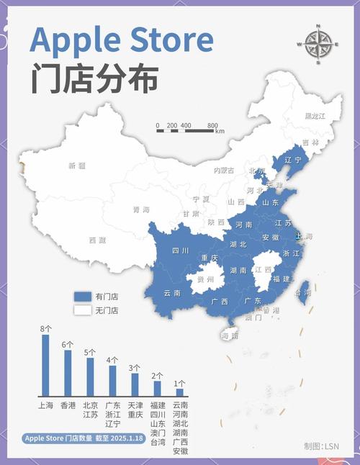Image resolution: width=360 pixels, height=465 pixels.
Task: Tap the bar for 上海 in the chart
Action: [x=45, y=365]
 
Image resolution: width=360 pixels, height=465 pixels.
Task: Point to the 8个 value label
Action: [x=45, y=329]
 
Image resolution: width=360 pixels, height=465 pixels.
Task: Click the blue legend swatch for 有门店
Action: [x=83, y=296]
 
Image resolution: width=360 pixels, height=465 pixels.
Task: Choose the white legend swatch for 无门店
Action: [x=83, y=310]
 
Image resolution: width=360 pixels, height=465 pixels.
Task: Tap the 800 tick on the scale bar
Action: [x=212, y=125]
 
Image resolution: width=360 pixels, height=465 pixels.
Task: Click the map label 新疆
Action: [x=76, y=166]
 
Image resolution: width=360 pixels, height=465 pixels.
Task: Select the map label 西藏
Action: [x=97, y=240]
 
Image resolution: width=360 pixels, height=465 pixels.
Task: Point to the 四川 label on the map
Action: [x=180, y=250]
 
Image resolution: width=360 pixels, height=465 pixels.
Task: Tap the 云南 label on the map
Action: [x=172, y=293]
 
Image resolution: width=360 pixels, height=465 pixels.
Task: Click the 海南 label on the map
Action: [x=229, y=335]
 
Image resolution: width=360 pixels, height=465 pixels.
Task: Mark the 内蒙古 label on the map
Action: [x=224, y=171]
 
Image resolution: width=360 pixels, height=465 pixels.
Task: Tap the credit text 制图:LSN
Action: [x=321, y=446]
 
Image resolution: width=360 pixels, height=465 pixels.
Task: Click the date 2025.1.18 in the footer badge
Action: [x=132, y=438]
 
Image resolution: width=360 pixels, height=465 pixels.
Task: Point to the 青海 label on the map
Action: [x=141, y=209]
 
